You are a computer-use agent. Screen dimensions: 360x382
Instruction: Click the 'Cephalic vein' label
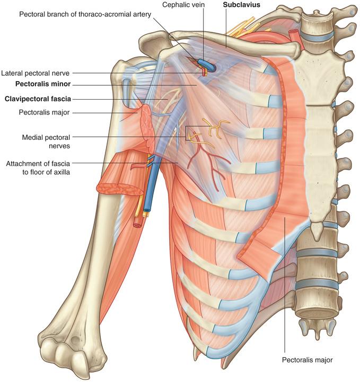183,5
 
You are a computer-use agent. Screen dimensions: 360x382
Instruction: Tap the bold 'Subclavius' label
242,5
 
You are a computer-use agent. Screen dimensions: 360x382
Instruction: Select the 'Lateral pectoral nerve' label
36,73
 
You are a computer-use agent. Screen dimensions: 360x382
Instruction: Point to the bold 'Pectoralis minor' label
43,84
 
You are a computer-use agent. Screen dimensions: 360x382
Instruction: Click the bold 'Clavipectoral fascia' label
38,99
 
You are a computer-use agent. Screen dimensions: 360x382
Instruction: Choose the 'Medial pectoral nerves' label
46,141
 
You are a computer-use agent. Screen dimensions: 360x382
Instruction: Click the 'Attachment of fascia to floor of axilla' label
38,167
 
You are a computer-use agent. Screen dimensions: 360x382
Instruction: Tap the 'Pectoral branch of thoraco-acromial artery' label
85,14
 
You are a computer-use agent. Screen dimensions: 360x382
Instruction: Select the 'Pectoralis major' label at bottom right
307,360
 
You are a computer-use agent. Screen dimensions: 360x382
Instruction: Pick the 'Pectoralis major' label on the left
44,112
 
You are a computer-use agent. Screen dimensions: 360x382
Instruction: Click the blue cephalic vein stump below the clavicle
207,64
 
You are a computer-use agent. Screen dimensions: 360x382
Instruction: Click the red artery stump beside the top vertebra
293,33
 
